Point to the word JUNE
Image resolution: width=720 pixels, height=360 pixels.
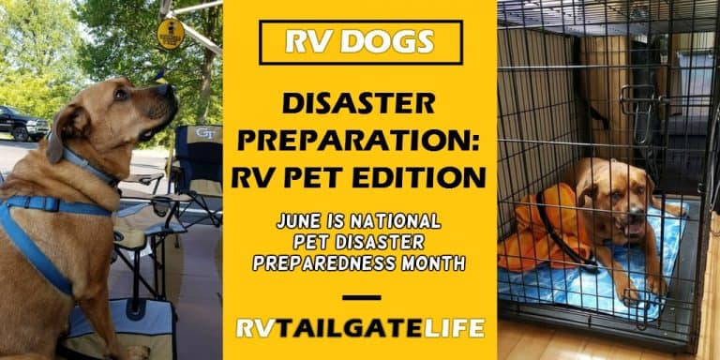coord(302,222)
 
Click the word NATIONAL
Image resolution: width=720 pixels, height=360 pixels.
coord(397,222)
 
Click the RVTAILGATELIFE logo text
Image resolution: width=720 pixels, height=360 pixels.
coord(360,328)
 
